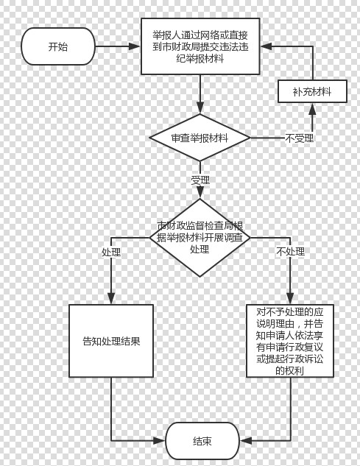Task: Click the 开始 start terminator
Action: [x=58, y=46]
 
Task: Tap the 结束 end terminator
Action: [x=202, y=441]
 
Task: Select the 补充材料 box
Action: [x=312, y=91]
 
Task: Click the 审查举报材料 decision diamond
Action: [x=200, y=138]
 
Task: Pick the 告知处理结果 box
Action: [x=111, y=341]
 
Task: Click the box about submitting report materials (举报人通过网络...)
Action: [x=200, y=46]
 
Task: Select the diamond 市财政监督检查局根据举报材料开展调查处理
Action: [x=200, y=238]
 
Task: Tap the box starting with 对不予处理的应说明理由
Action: [x=290, y=341]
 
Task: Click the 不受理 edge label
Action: [x=300, y=138]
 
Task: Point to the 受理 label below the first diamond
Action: [x=200, y=180]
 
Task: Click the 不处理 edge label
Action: [x=291, y=252]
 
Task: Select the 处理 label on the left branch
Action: [x=111, y=252]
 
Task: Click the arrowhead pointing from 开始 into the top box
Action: [x=135, y=46]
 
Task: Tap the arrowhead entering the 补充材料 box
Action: [x=312, y=109]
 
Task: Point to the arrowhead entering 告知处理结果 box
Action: [x=111, y=298]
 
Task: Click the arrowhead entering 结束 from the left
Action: [x=159, y=441]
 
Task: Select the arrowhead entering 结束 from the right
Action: [x=246, y=441]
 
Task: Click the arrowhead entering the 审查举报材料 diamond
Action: [x=200, y=108]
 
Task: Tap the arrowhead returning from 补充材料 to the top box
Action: [x=267, y=46]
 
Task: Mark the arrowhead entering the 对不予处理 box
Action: [x=290, y=298]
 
